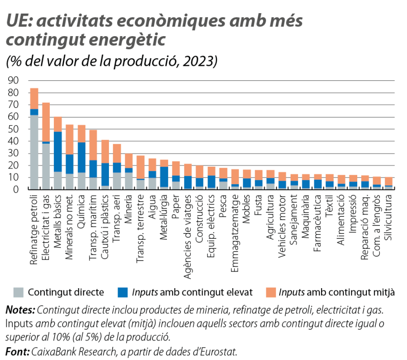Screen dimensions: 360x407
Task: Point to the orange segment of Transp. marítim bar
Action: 93,145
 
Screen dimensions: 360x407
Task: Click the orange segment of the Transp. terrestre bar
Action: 141,167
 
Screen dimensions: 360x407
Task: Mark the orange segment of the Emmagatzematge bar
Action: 235,177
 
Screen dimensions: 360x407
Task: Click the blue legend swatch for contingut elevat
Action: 122,292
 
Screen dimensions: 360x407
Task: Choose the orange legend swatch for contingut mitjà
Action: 270,292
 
